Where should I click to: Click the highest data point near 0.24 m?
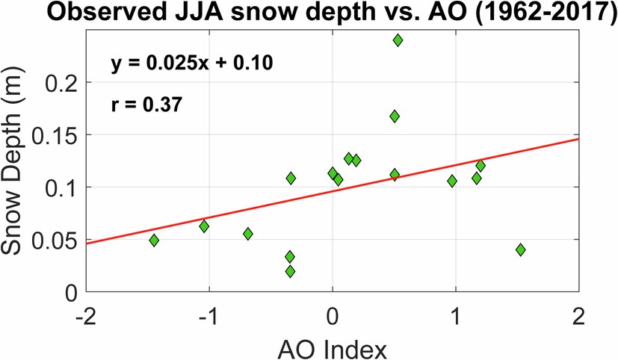click(x=398, y=40)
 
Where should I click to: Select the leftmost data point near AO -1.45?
click(x=154, y=240)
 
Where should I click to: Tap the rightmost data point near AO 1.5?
click(x=520, y=249)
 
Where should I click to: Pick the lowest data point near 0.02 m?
click(x=290, y=271)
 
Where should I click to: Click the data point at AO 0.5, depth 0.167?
click(x=395, y=117)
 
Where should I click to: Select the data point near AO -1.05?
click(x=204, y=226)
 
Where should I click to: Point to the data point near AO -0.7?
click(x=248, y=234)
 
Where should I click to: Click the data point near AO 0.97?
click(x=452, y=181)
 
